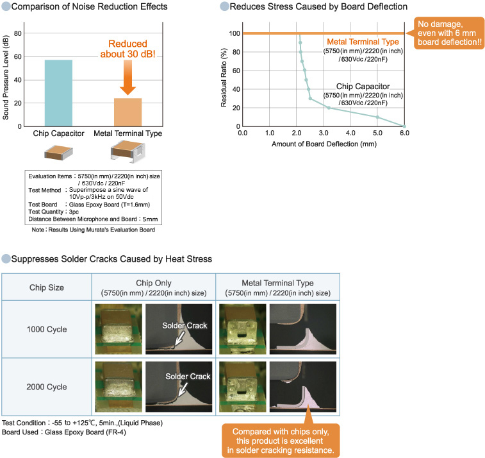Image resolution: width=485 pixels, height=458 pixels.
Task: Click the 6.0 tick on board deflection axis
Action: [x=404, y=133]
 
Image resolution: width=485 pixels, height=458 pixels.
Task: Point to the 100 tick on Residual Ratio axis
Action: [x=234, y=33]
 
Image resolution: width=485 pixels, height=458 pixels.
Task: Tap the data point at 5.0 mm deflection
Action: [x=377, y=117]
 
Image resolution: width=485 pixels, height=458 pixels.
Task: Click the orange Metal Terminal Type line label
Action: [x=363, y=42]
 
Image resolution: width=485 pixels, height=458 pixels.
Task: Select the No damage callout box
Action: [x=450, y=33]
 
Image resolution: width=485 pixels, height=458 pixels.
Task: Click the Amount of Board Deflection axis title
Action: [x=324, y=144]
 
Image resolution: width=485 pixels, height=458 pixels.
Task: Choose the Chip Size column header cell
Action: [x=47, y=287]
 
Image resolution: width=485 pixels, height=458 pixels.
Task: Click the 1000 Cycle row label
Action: [x=47, y=330]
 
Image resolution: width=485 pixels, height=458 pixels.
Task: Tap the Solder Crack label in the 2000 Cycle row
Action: [x=187, y=377]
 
